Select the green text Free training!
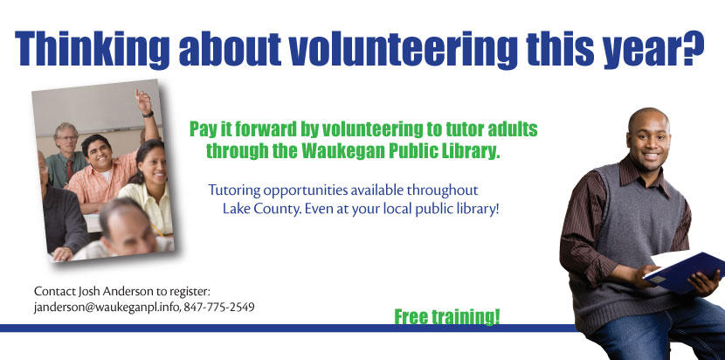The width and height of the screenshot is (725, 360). (446, 317)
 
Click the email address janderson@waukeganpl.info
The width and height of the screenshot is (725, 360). (107, 307)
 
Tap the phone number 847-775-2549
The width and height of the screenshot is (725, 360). (219, 307)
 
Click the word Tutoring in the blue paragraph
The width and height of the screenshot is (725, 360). (234, 190)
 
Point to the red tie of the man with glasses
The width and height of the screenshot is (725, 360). (69, 170)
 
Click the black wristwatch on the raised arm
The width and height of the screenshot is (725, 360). (148, 114)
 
